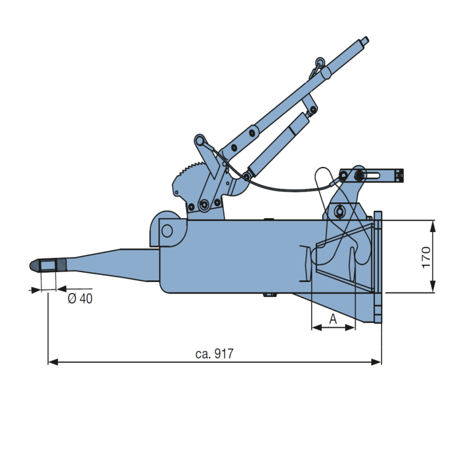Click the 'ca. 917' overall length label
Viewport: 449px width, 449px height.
point(215,354)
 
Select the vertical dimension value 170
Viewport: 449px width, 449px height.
point(426,257)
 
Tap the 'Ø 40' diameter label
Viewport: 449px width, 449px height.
point(79,298)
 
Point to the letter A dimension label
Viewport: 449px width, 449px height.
point(333,319)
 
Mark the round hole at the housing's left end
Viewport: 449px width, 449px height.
point(167,231)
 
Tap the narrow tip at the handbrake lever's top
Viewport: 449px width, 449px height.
point(365,42)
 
